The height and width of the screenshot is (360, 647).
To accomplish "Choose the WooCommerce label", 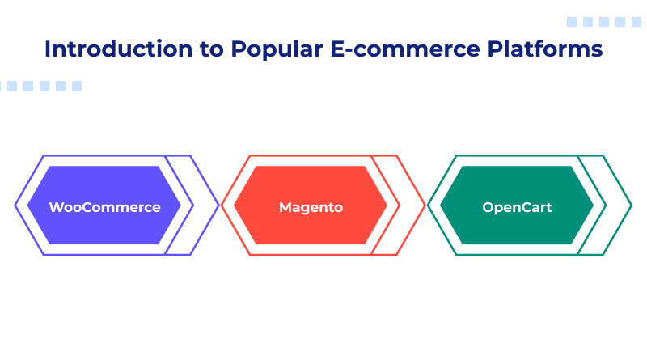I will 104,206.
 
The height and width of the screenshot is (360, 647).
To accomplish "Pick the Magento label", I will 311,206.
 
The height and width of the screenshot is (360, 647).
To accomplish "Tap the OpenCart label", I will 517,206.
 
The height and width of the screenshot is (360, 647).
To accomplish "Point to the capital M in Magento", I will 285,206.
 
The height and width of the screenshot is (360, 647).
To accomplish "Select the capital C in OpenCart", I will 522,206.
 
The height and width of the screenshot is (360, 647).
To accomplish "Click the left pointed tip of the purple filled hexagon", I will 28,205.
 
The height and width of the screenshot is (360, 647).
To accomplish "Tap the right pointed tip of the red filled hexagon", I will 387,205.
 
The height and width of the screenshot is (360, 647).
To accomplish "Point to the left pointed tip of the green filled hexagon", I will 441,205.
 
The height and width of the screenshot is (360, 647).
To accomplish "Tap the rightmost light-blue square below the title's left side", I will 77,85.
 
